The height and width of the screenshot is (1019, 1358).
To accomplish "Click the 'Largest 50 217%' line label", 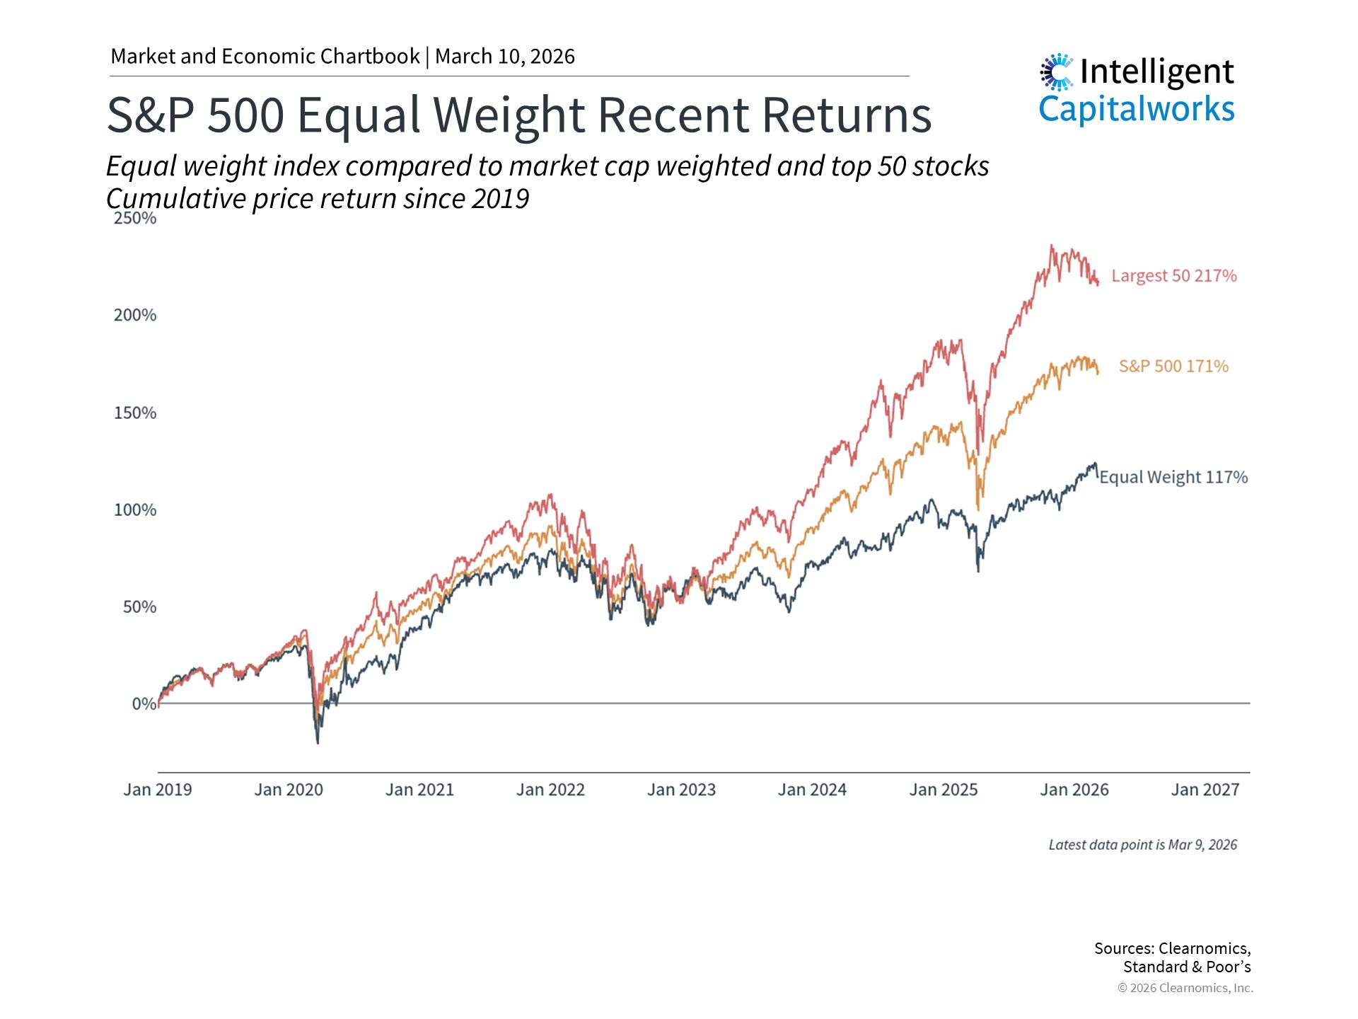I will tap(1173, 276).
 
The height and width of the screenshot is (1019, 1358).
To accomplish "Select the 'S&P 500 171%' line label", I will tap(1173, 367).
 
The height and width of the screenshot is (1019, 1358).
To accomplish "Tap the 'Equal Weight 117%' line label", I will tap(1173, 477).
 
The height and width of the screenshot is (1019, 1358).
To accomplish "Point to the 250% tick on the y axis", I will tap(135, 218).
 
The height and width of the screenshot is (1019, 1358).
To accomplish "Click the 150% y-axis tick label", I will tap(135, 413).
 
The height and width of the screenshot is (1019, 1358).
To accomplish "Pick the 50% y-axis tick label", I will tap(139, 607).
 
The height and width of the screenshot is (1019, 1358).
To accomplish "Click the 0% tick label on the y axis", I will tap(144, 704).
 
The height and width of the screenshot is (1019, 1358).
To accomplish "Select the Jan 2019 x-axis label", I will tap(158, 790).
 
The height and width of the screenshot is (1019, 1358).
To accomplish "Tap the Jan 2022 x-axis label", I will tap(550, 790).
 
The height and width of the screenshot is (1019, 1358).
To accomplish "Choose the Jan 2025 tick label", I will tap(943, 790).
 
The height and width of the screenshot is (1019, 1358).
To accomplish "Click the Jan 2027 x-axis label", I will tap(1205, 790).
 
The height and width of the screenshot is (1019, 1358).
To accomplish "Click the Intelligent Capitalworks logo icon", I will tap(1057, 71).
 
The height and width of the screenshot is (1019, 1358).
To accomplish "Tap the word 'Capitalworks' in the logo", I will tap(1137, 110).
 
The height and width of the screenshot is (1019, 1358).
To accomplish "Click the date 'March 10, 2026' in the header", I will tap(505, 57).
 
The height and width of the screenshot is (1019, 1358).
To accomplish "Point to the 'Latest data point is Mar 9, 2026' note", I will tap(1142, 845).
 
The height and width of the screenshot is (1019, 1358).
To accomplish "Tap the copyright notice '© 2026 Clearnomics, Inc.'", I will tap(1185, 988).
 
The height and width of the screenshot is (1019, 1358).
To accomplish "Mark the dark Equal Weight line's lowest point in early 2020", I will tap(318, 742).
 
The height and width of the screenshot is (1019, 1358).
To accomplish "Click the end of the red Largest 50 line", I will tap(1098, 284).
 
